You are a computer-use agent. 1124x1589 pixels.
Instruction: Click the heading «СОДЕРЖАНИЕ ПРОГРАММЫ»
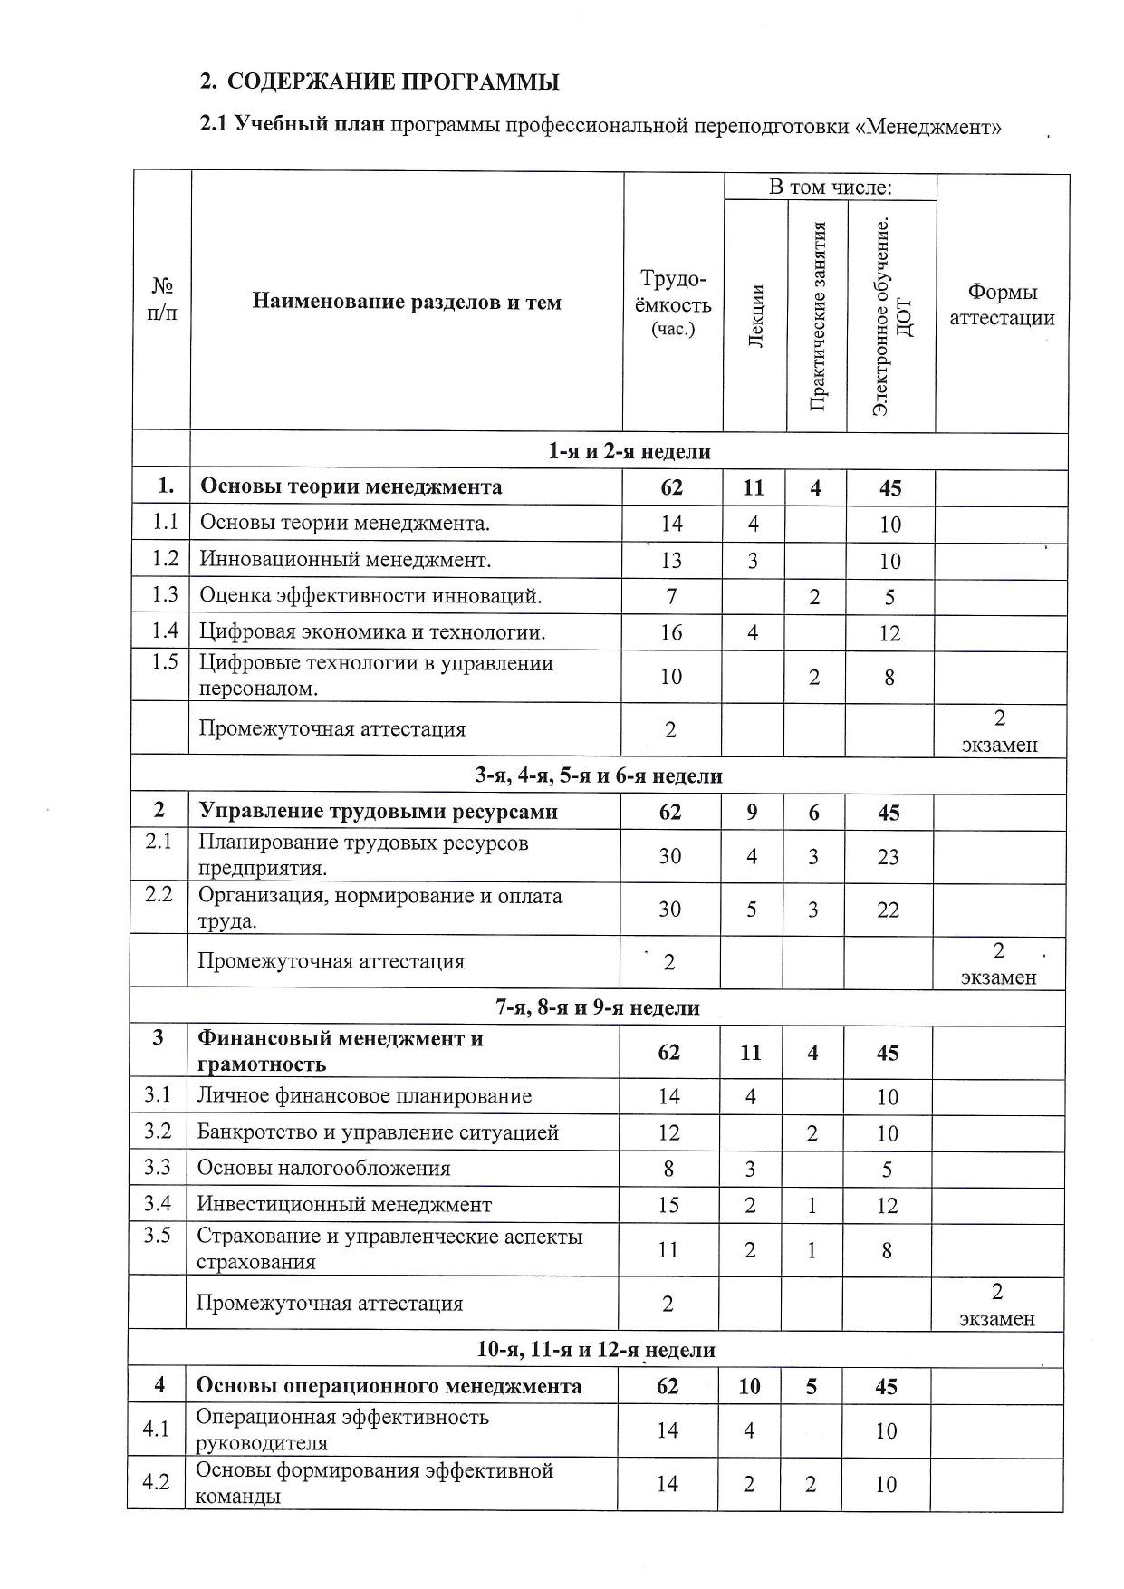[392, 82]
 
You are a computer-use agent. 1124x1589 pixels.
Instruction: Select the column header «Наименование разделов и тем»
[407, 302]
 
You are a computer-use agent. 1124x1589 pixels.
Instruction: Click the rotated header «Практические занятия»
[818, 315]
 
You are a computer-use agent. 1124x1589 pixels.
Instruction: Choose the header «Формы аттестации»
[1002, 304]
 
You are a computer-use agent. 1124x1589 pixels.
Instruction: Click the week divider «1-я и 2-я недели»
[629, 451]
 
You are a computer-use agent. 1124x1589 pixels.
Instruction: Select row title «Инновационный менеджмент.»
[345, 560]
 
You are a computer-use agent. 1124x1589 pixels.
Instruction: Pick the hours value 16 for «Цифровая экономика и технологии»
[671, 632]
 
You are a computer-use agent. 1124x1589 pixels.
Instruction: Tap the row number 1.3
[165, 594]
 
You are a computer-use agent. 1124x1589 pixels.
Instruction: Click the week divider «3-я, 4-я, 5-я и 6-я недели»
[599, 775]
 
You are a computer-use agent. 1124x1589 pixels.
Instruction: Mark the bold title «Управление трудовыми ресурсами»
[378, 812]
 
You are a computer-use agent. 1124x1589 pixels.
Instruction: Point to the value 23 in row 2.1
[888, 857]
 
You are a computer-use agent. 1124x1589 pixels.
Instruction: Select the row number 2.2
[159, 896]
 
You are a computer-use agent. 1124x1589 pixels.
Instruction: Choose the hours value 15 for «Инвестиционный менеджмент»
[668, 1205]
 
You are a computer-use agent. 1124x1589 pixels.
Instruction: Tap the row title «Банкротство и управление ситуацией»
[378, 1132]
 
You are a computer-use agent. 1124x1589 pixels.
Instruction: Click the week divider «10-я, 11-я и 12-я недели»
[596, 1350]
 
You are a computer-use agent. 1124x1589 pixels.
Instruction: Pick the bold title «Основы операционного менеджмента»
[389, 1386]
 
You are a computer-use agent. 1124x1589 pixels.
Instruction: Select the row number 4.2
[157, 1483]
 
